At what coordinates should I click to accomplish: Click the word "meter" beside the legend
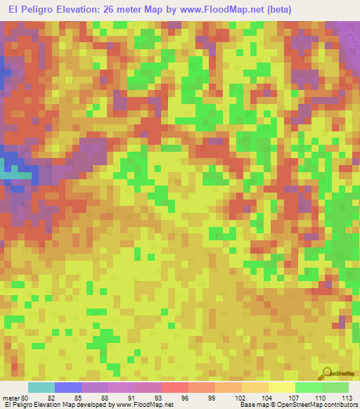click(x=12, y=398)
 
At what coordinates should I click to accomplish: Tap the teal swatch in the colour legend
click(x=41, y=387)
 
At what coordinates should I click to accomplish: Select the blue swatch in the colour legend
click(x=68, y=387)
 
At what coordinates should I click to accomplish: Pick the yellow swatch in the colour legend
click(x=281, y=387)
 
